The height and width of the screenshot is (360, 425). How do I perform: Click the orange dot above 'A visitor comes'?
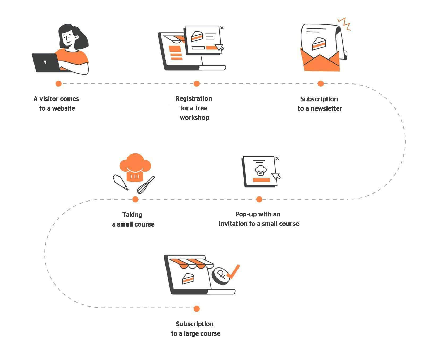tap(58, 84)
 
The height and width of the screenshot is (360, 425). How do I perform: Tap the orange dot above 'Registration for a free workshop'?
tap(197, 84)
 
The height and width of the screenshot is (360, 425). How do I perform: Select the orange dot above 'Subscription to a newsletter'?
tap(321, 84)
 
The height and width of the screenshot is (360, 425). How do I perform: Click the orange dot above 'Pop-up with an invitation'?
tap(259, 199)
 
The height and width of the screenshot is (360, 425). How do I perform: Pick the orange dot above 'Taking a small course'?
tap(135, 199)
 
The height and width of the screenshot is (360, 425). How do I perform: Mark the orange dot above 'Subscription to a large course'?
tap(197, 309)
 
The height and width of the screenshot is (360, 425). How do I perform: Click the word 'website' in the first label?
tap(63, 108)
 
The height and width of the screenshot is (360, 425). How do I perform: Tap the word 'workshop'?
tap(194, 118)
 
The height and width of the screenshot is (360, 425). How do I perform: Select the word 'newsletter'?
tap(326, 109)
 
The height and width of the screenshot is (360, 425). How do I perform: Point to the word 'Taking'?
tap(132, 215)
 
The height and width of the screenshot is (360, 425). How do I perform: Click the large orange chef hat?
tap(135, 167)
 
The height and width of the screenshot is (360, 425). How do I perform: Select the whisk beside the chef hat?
tap(146, 185)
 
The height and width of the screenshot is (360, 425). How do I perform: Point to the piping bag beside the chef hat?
tap(121, 182)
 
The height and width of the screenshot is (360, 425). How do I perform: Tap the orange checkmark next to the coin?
tap(233, 272)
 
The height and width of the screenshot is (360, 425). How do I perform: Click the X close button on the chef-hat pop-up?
tap(277, 158)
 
